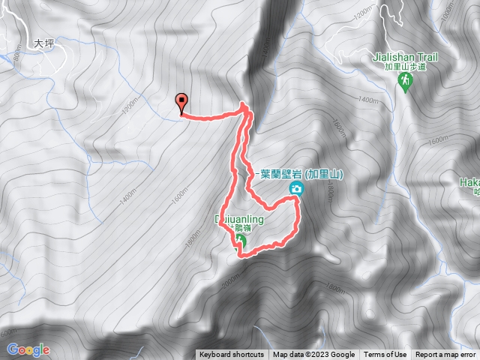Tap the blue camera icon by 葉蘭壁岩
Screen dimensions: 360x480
click(x=298, y=189)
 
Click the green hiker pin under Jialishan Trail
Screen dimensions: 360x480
click(x=406, y=80)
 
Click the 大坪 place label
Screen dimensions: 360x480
click(x=45, y=45)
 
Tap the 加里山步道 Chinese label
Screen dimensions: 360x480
click(x=406, y=67)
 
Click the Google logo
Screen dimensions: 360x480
click(x=28, y=349)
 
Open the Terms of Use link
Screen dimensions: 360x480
click(x=385, y=355)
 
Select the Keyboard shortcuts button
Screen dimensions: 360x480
click(x=232, y=355)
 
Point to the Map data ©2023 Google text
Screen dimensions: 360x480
click(x=313, y=355)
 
